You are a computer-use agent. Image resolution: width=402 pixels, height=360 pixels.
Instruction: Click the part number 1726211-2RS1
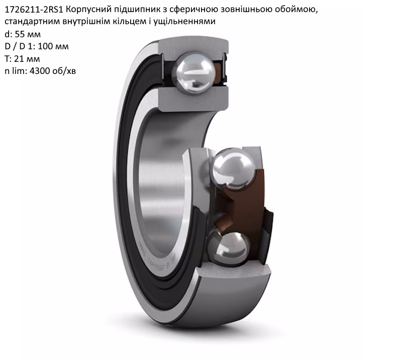(x=34, y=10)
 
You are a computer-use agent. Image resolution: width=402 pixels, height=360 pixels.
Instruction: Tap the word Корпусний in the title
(x=85, y=10)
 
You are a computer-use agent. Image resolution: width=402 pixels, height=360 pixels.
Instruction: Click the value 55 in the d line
(x=19, y=34)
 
